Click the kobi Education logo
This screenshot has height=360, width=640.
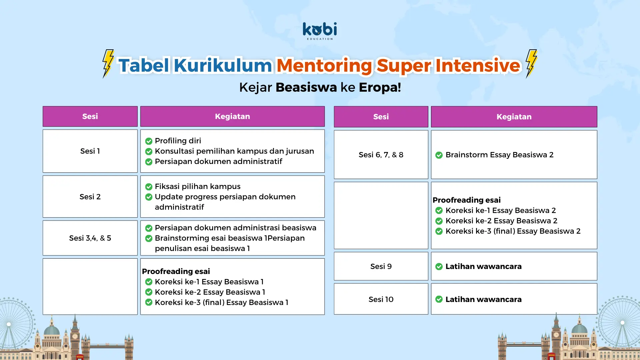(320, 31)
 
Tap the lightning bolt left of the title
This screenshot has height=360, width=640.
(108, 64)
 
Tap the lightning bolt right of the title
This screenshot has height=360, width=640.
(531, 64)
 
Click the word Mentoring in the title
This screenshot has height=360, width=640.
(324, 65)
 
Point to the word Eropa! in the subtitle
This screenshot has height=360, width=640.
(380, 87)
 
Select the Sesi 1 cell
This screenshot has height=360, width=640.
(90, 151)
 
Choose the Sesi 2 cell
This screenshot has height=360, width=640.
(90, 197)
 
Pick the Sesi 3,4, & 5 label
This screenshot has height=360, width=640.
(90, 238)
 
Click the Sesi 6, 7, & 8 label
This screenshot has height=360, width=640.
(381, 155)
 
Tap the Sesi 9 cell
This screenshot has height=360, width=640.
(381, 266)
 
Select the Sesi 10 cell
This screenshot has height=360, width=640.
(381, 299)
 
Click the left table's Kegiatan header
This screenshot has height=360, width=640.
(232, 116)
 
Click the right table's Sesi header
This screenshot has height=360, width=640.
(381, 117)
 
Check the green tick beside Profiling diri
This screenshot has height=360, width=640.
(149, 141)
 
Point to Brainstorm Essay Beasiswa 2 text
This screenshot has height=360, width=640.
(499, 155)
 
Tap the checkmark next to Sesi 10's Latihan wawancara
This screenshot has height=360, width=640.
(439, 299)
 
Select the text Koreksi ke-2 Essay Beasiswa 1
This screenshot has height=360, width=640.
(210, 292)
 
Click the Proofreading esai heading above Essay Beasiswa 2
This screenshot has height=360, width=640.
(467, 200)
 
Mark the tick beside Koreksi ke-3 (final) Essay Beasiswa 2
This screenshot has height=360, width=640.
(439, 231)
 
